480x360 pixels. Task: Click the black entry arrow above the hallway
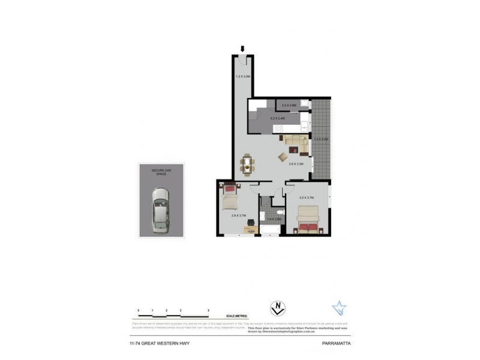(242, 49)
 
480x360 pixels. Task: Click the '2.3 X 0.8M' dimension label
(289, 106)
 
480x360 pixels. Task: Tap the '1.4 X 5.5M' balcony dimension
(320, 139)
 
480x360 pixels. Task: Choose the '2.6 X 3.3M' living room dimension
(296, 163)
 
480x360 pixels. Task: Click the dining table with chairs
(247, 163)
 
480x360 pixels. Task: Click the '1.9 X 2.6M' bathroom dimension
(274, 220)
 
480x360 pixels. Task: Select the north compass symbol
(277, 309)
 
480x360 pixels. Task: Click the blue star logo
(339, 309)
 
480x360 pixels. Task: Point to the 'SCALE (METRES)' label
(236, 316)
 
